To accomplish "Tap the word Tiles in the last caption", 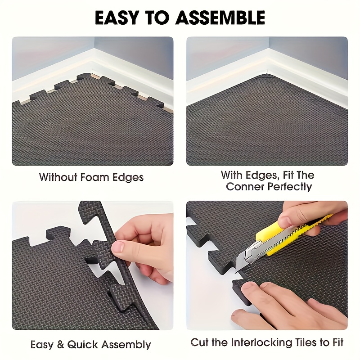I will (x=304, y=342).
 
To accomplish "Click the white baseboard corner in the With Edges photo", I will (x=269, y=67).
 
